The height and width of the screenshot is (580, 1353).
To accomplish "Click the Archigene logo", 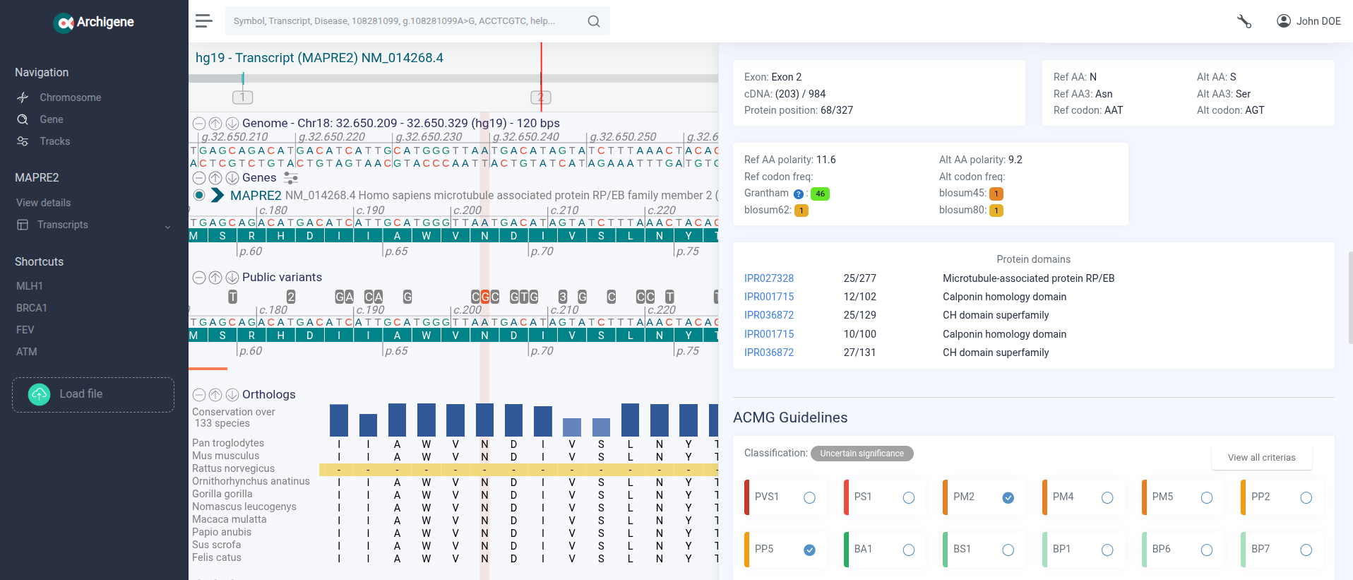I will [94, 23].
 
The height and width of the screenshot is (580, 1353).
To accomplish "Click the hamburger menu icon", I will [204, 21].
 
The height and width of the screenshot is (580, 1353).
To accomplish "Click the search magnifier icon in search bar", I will [594, 21].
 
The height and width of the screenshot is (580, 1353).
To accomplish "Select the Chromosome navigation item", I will [70, 97].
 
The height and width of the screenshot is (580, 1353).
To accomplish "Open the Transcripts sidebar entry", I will [63, 225].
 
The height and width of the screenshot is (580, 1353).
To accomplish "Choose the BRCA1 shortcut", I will [32, 308].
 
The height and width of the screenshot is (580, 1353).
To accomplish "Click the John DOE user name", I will [1318, 21].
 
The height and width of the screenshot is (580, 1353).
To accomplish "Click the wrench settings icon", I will [1244, 21].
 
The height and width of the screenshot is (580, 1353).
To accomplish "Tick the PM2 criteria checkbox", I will [1008, 498].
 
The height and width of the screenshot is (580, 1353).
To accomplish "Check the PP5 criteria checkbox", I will [809, 550].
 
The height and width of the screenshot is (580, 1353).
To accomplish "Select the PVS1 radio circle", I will [809, 498].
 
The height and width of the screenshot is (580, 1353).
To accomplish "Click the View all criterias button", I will [1261, 457].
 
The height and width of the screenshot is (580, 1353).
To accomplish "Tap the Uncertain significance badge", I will [862, 454].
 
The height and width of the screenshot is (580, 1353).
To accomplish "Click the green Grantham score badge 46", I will [820, 194].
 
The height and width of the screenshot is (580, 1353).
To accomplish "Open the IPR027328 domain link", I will [768, 278].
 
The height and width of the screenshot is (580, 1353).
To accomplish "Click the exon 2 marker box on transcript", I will [540, 97].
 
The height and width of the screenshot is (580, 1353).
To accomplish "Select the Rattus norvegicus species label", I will [233, 468].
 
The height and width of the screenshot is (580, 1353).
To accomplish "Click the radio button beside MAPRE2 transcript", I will [199, 195].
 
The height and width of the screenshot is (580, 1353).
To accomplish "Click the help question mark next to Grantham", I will [798, 194].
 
